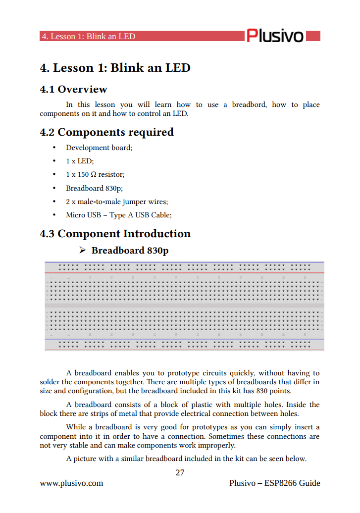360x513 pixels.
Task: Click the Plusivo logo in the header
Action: [x=275, y=36]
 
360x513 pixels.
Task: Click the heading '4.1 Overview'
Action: [x=73, y=90]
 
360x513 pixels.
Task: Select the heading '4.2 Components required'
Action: [x=106, y=132]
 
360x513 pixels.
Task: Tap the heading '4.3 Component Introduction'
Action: [x=115, y=234]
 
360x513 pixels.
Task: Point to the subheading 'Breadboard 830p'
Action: [x=130, y=251]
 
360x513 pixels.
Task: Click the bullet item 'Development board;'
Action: [x=99, y=148]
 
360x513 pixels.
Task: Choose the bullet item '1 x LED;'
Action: [x=80, y=161]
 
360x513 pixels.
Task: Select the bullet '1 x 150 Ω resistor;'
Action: [x=95, y=174]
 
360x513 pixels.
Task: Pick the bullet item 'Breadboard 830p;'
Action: [x=94, y=188]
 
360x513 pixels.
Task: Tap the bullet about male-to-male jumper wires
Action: [x=117, y=202]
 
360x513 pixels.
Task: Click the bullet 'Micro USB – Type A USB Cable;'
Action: [x=118, y=215]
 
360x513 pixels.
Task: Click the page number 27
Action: [x=180, y=472]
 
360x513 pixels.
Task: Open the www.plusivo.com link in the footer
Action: [x=71, y=483]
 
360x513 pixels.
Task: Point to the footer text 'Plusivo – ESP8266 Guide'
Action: [x=275, y=483]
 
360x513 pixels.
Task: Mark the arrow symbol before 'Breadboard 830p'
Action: [x=83, y=251]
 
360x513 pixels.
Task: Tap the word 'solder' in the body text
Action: [x=50, y=382]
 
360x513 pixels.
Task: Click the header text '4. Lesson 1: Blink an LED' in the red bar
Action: [x=88, y=37]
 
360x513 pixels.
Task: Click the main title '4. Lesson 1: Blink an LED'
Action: [x=115, y=68]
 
